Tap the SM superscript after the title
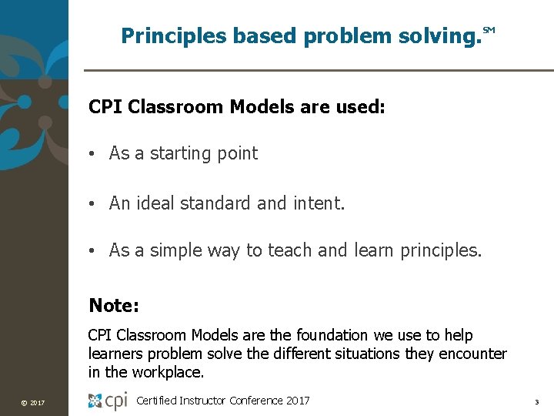[489, 31]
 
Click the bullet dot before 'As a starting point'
[92, 154]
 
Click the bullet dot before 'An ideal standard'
[92, 204]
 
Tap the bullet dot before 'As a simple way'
[92, 251]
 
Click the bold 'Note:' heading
[114, 306]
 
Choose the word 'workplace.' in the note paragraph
[167, 372]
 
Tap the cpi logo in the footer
[107, 401]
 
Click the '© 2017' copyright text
[32, 403]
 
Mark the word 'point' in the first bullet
[237, 153]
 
